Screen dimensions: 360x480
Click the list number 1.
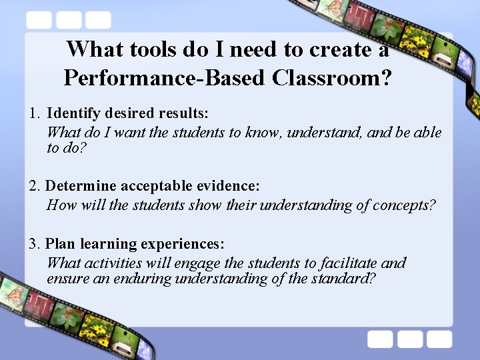tap(34, 113)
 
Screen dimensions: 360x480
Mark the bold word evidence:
tap(230, 186)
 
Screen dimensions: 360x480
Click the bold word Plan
tap(59, 244)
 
